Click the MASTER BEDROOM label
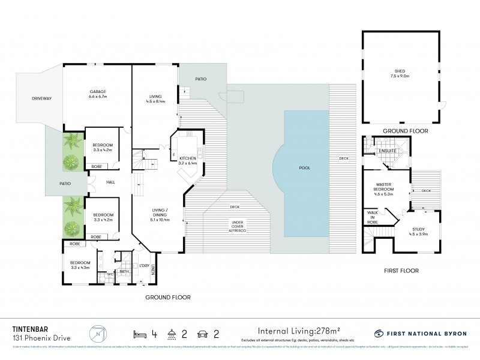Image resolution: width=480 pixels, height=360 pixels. click(x=384, y=188)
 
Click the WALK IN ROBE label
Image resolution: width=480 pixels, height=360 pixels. click(x=371, y=218)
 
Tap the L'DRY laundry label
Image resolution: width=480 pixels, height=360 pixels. click(x=144, y=266)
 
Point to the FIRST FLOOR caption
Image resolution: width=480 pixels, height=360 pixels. click(x=401, y=271)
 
